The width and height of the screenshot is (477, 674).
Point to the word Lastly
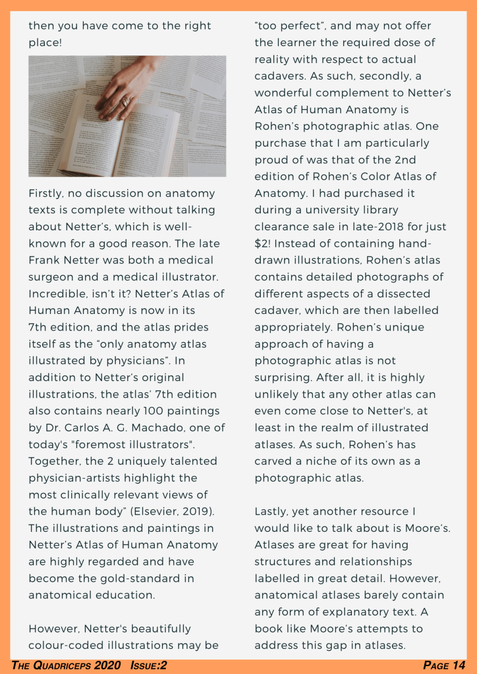coord(271,511)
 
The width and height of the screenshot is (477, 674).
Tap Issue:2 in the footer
coord(148,665)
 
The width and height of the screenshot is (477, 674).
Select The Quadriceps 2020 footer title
coord(66,665)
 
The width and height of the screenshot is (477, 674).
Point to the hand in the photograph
coord(125,89)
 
